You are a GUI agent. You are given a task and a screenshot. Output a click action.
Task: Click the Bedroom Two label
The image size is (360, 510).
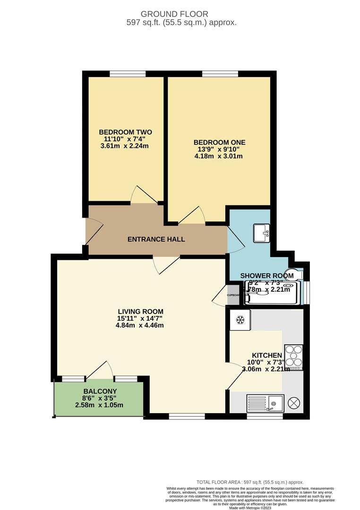tap(125, 132)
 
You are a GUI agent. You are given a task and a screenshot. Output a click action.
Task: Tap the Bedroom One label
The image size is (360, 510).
tap(219, 142)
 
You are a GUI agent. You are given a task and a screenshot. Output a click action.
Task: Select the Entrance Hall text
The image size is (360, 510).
tap(156, 239)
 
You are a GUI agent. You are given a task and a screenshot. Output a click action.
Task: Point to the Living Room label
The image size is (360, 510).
tap(140, 311)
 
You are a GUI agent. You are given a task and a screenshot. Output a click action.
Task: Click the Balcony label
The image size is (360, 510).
tap(100, 391)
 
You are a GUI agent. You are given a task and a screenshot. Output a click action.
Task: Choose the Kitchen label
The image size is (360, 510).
tap(266, 355)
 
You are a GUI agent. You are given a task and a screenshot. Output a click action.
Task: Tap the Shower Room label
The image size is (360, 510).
tap(266, 276)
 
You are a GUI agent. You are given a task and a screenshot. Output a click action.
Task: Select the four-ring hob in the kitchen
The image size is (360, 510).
tap(294, 357)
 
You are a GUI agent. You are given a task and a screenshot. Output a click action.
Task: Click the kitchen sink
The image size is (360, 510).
tap(265, 404)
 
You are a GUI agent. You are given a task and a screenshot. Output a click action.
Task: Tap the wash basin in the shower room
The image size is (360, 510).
tap(261, 232)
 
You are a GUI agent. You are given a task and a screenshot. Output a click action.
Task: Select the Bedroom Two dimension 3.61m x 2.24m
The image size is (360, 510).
tap(125, 146)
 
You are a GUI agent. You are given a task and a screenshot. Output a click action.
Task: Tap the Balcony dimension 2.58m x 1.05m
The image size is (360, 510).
tap(100, 405)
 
